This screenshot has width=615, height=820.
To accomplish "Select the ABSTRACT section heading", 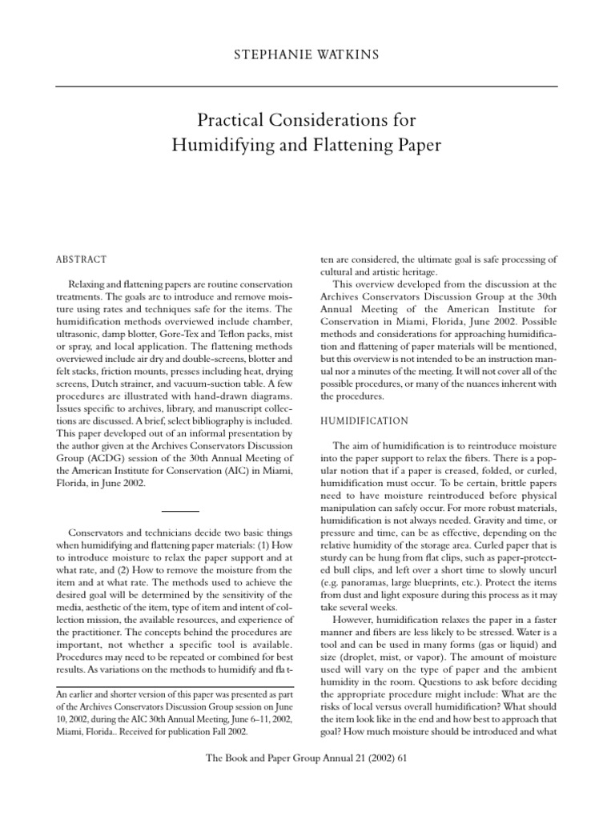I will point(80,259).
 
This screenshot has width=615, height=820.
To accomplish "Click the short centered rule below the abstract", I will point(181,509).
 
